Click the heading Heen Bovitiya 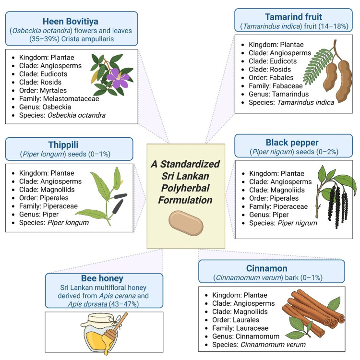(x=71, y=21)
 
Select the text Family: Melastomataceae (x=59, y=99)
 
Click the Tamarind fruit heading (x=293, y=17)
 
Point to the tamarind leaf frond (x=318, y=66)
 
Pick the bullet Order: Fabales (x=271, y=78)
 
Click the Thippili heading (x=63, y=145)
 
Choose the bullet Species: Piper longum (x=54, y=223)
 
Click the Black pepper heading (x=292, y=143)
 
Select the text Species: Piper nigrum (x=283, y=223)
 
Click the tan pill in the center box (x=186, y=223)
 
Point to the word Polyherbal (x=185, y=188)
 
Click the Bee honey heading (x=102, y=278)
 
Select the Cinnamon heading (x=267, y=268)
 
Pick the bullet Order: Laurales (x=236, y=320)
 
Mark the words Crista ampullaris (x=87, y=39)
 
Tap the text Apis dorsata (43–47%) (x=103, y=304)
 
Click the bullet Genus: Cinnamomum (x=246, y=336)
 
